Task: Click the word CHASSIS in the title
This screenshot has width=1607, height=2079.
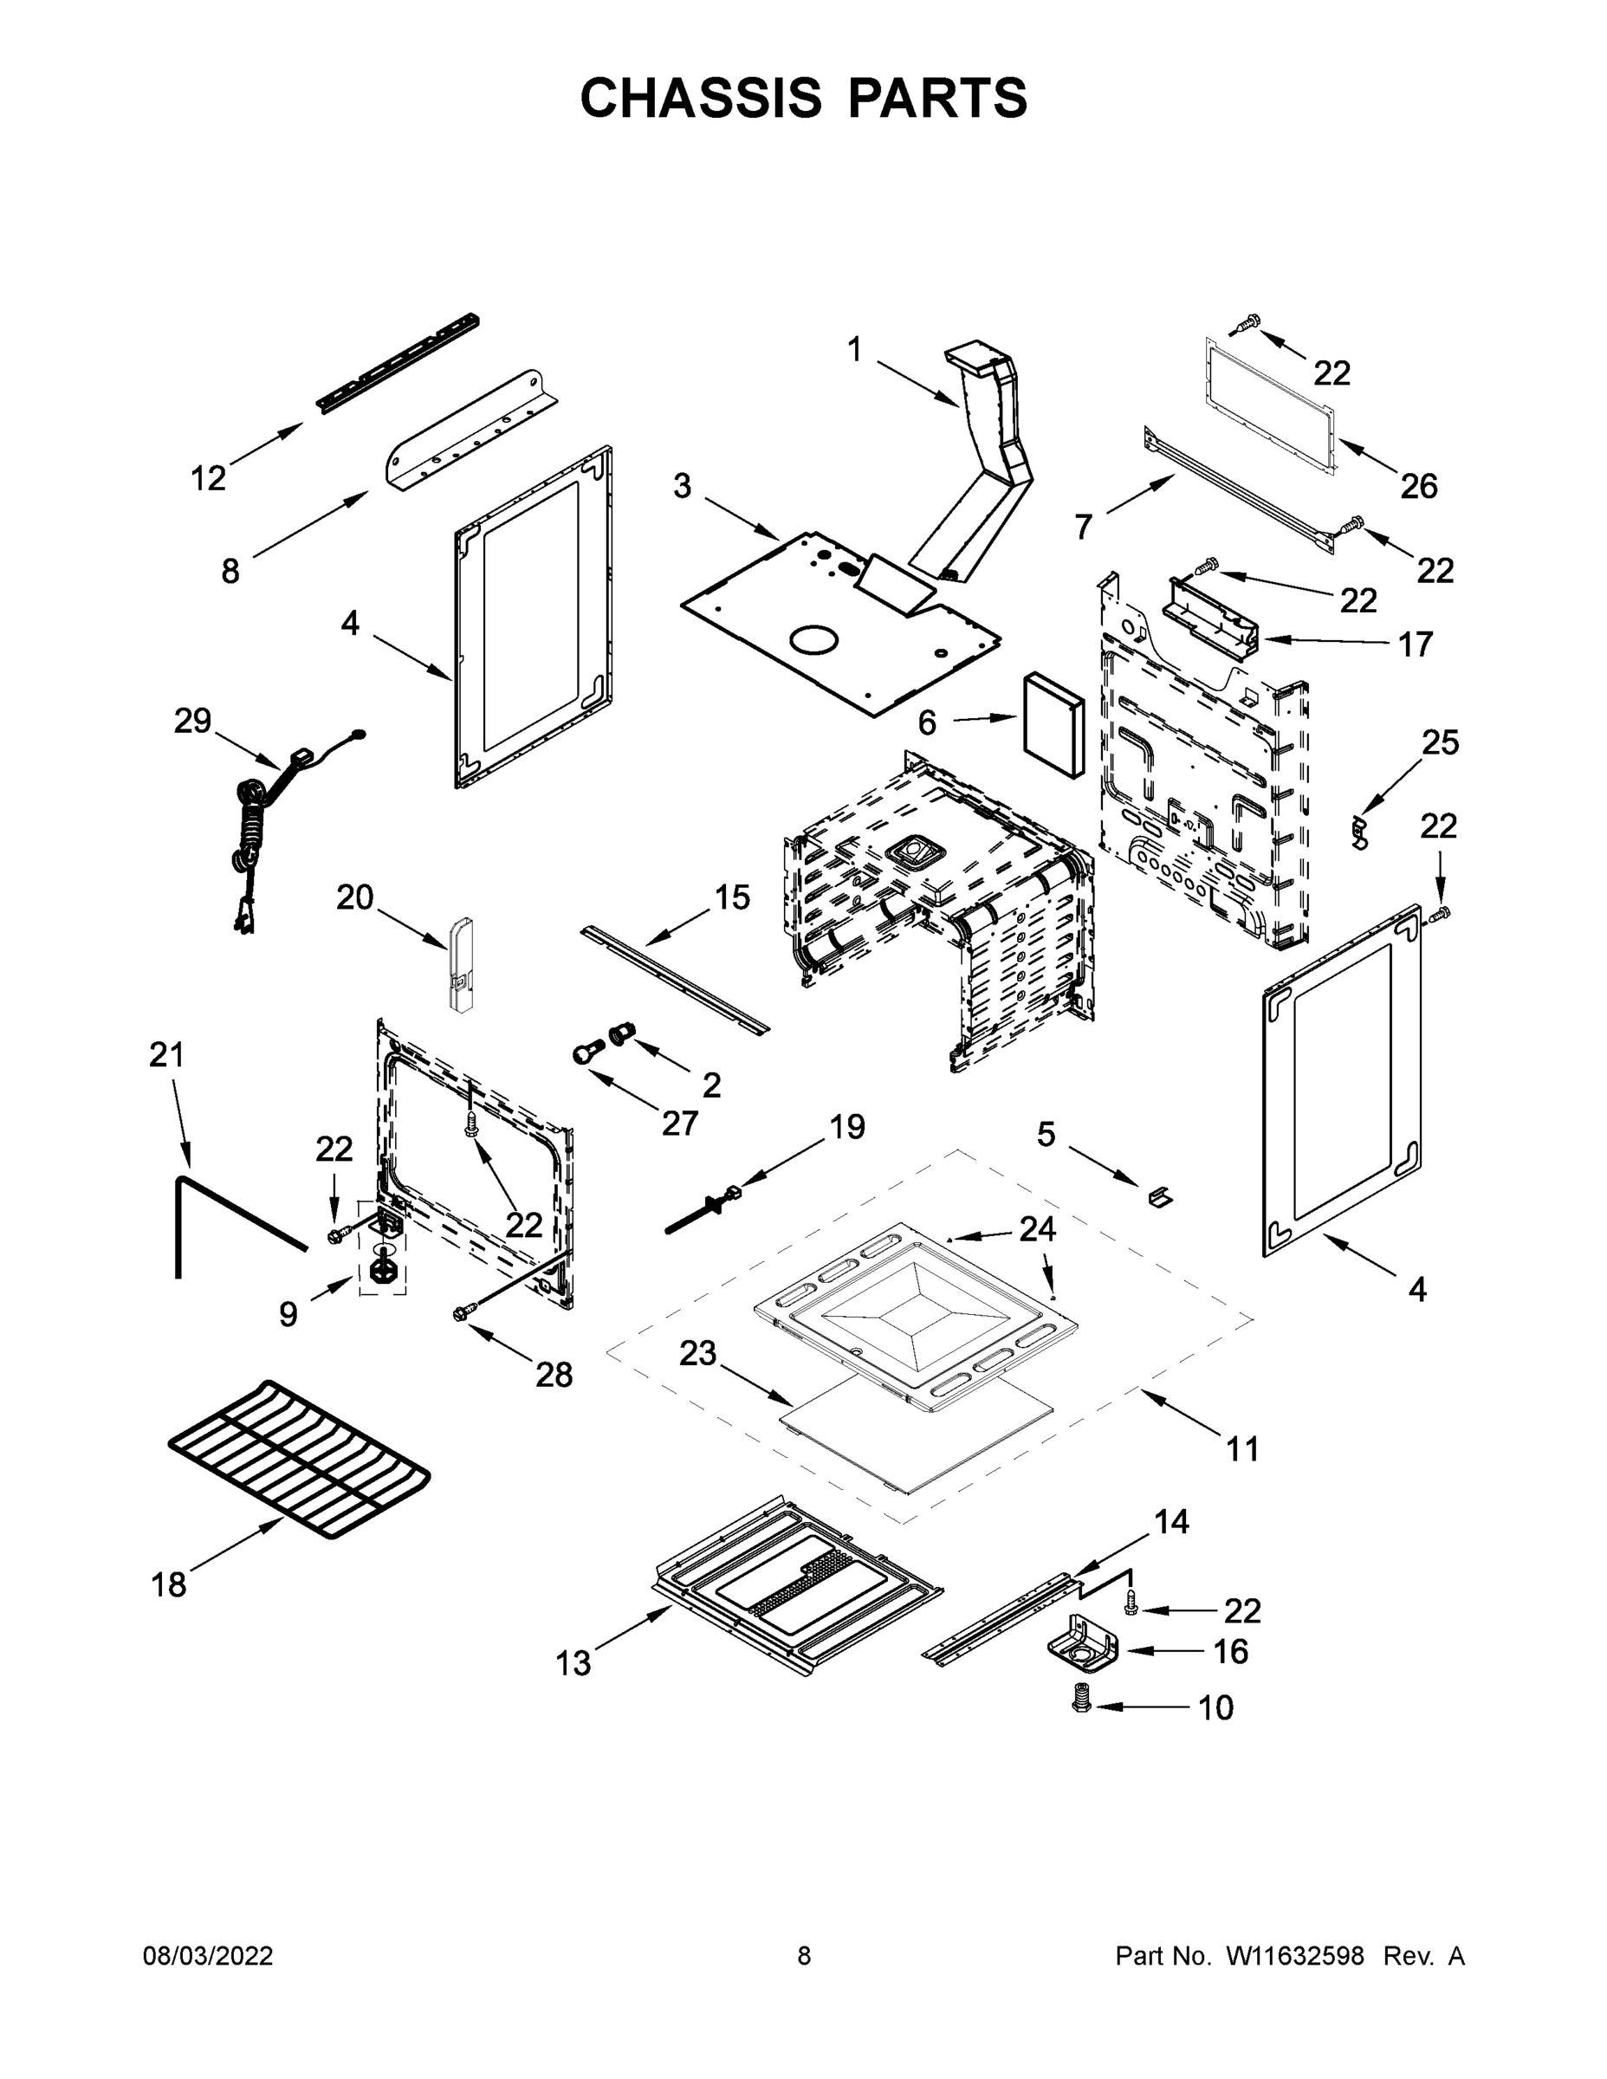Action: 701,98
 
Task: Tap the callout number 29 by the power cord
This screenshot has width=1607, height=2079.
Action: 191,721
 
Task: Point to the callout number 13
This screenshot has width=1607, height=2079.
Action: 573,1663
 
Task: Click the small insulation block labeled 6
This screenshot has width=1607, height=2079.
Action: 1053,725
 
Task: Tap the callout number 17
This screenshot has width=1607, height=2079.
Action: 1415,644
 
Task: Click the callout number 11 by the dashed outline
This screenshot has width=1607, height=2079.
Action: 1242,1449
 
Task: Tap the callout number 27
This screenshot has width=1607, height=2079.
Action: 680,1124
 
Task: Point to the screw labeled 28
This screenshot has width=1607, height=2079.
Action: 465,1313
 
